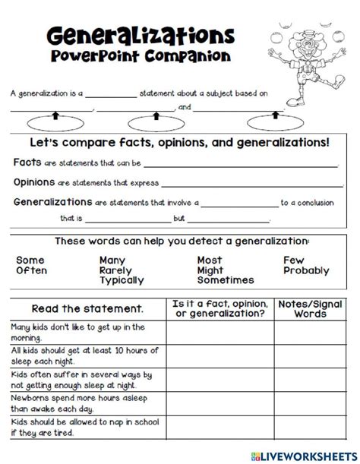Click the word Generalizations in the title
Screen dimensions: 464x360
click(140, 36)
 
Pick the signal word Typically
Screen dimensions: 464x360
click(122, 281)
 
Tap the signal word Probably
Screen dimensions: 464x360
click(307, 270)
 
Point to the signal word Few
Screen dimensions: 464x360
click(293, 260)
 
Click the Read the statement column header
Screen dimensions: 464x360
click(87, 309)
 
